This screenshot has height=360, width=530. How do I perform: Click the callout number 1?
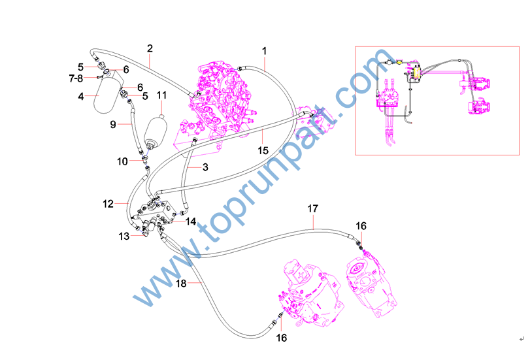[264, 51]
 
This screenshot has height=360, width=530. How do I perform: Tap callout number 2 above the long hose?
[150, 48]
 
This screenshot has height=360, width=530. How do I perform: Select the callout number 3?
[205, 167]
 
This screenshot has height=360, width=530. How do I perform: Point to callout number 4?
[81, 96]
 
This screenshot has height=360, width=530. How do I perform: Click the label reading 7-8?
[76, 78]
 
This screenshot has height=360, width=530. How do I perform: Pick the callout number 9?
[113, 124]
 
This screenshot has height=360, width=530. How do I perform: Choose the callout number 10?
[122, 161]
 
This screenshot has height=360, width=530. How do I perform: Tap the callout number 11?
[161, 95]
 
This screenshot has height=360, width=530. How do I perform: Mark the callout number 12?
[108, 204]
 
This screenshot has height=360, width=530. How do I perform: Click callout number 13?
[124, 237]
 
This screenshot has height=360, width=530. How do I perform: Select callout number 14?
[191, 221]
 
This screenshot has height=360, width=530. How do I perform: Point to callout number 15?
[263, 150]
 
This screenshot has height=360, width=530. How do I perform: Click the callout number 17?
[312, 208]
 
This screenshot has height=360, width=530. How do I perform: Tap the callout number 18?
[181, 284]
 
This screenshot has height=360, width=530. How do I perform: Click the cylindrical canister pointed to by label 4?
[108, 95]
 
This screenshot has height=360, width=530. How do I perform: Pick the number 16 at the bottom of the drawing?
[281, 338]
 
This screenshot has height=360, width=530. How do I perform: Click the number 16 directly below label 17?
[361, 226]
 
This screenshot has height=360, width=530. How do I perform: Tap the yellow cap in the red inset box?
[400, 61]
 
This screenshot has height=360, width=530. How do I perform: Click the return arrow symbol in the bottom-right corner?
[522, 339]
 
